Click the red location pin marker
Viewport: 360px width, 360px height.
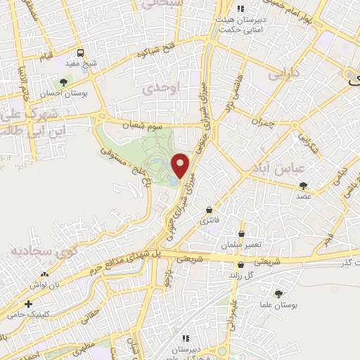[x=181, y=165]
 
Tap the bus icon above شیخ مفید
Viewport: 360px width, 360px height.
[x=82, y=53]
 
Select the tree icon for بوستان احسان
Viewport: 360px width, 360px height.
[x=63, y=82]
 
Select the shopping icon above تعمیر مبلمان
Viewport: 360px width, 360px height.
[x=242, y=234]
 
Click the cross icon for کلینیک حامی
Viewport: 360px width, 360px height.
[x=27, y=305]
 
